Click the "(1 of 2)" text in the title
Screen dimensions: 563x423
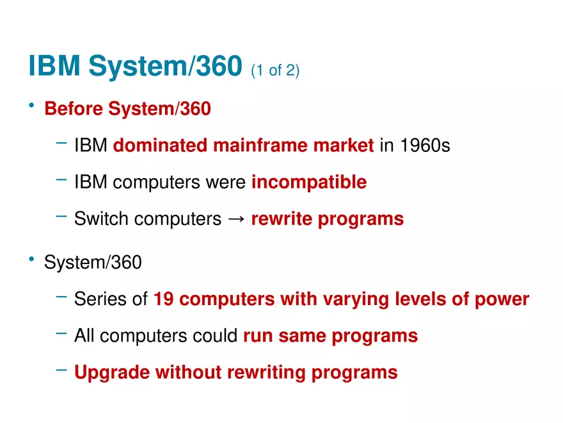tap(275, 70)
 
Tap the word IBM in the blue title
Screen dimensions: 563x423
tap(54, 65)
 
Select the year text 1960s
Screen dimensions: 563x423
tap(425, 145)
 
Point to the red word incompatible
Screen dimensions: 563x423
tap(309, 182)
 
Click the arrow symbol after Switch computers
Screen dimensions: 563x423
tap(236, 219)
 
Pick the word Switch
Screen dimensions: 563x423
tap(101, 219)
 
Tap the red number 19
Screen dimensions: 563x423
tap(164, 299)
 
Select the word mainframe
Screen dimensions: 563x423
tap(260, 145)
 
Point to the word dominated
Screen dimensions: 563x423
tap(160, 145)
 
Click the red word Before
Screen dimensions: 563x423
tap(74, 108)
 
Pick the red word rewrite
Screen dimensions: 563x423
tap(281, 219)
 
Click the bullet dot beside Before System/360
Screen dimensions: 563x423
tap(31, 105)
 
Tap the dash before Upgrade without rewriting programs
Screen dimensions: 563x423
tap(61, 370)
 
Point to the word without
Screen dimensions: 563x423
tap(189, 372)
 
